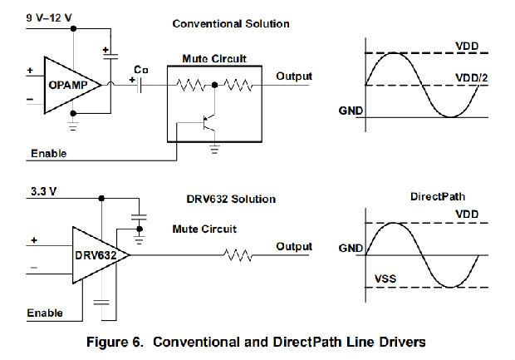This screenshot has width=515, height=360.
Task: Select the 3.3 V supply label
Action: pyautogui.click(x=42, y=190)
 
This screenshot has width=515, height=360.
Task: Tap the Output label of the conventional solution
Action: pyautogui.click(x=293, y=76)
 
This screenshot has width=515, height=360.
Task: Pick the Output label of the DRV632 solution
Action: pyautogui.click(x=293, y=246)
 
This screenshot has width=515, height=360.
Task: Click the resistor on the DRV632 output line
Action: pyautogui.click(x=238, y=255)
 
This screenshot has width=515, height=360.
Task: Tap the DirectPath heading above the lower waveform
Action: pyautogui.click(x=439, y=197)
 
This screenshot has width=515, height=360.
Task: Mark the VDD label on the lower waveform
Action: pyautogui.click(x=467, y=214)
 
